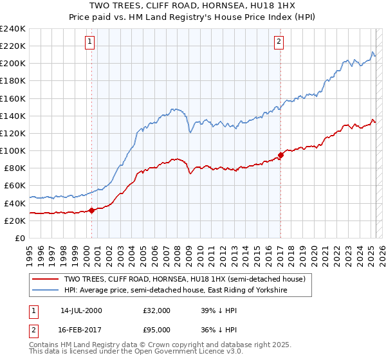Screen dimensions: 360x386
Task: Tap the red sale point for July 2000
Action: [92, 210]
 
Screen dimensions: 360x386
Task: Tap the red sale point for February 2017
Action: [280, 155]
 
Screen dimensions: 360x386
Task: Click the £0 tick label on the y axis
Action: [19, 238]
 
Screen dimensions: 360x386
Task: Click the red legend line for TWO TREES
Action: [46, 279]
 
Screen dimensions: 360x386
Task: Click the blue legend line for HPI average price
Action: [46, 291]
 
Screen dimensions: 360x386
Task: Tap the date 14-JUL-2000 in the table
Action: [81, 310]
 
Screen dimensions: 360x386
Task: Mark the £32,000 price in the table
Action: [156, 310]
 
